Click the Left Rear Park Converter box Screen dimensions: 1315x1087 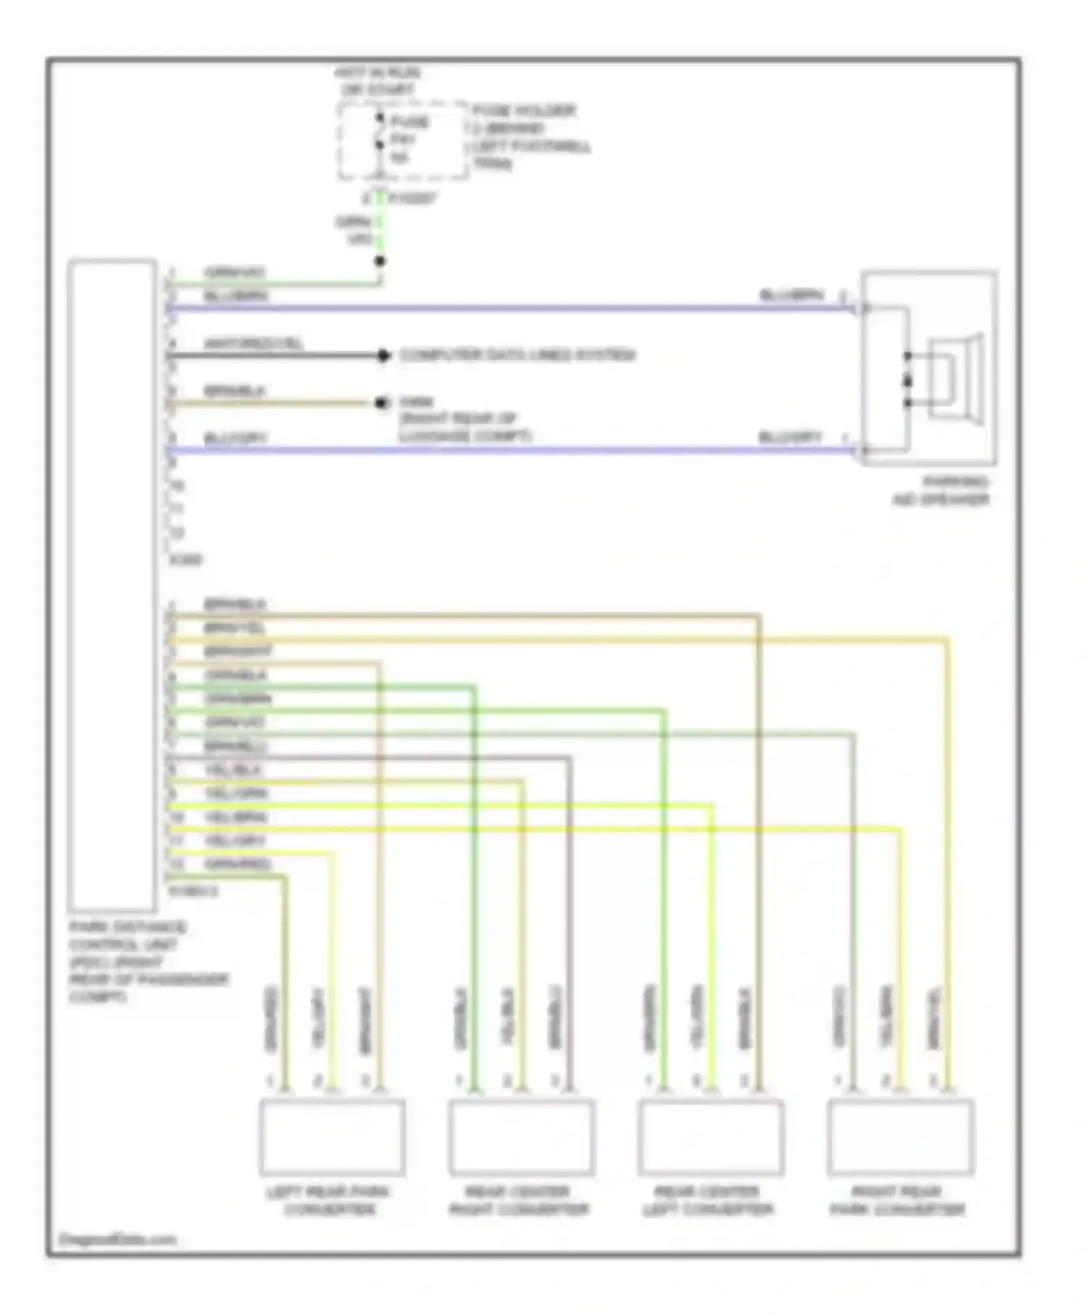[332, 1137]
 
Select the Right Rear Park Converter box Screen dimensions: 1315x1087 [900, 1137]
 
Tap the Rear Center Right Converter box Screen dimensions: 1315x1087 [521, 1137]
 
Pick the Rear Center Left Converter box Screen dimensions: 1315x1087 [710, 1137]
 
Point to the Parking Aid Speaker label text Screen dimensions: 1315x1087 [941, 491]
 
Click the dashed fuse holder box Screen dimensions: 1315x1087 [402, 140]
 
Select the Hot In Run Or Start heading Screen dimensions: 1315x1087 [377, 81]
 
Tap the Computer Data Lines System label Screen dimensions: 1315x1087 [517, 355]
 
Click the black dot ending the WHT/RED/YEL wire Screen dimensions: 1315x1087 [383, 355]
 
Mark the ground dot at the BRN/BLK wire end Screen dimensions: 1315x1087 [382, 402]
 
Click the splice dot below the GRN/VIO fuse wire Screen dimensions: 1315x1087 [379, 262]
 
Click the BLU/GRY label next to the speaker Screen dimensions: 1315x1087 [790, 437]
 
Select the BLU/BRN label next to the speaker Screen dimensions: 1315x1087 [791, 295]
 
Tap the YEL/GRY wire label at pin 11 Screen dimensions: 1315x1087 [236, 841]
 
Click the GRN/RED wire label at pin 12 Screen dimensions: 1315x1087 [237, 864]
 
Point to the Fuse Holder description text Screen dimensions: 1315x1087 [530, 137]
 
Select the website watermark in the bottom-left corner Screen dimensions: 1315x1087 [117, 1239]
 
